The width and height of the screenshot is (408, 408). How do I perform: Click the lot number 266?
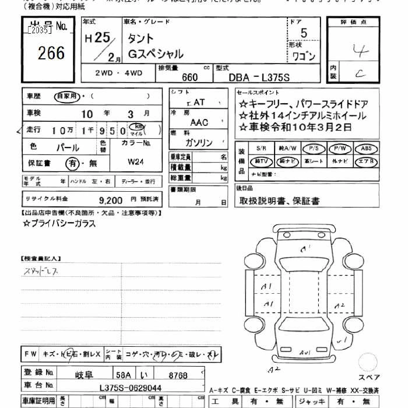point(51,54)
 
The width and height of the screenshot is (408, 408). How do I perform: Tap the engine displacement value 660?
point(190,77)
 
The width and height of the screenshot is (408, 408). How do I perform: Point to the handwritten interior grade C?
point(361,73)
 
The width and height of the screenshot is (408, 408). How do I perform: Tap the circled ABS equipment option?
point(366,148)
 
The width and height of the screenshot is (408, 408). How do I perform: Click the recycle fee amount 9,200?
point(110,199)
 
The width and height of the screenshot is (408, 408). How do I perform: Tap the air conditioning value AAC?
point(199,122)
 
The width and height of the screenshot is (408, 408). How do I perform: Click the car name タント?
point(142,38)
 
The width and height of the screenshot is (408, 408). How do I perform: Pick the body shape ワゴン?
point(303,57)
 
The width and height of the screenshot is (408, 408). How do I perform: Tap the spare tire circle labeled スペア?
point(368,362)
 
